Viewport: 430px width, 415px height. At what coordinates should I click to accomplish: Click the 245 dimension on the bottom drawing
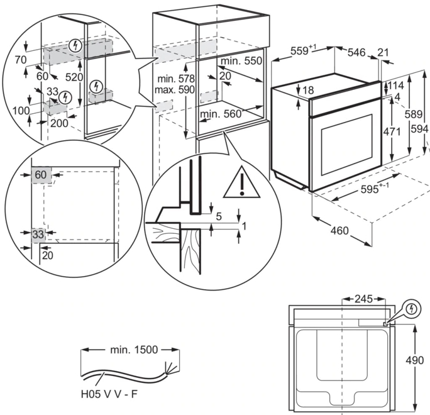(364, 299)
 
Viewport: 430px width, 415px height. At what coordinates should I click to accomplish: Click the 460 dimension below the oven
(339, 231)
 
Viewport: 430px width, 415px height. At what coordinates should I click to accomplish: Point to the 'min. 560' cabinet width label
(221, 114)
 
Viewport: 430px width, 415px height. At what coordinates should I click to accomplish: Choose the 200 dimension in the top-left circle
(60, 123)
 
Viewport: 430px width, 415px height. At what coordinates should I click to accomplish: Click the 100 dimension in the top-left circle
(21, 111)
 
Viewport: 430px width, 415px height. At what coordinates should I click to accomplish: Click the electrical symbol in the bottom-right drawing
(411, 309)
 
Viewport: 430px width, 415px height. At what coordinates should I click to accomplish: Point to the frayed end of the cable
(168, 367)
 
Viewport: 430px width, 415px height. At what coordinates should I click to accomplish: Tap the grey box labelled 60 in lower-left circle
(41, 174)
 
